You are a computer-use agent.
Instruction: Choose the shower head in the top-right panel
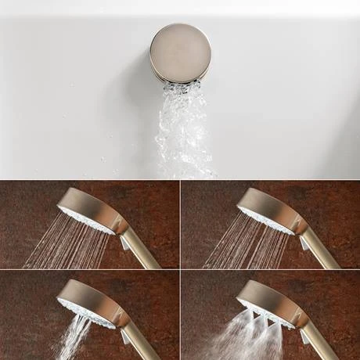(x=266, y=210)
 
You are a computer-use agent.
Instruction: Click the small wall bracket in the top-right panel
(x=304, y=243)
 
